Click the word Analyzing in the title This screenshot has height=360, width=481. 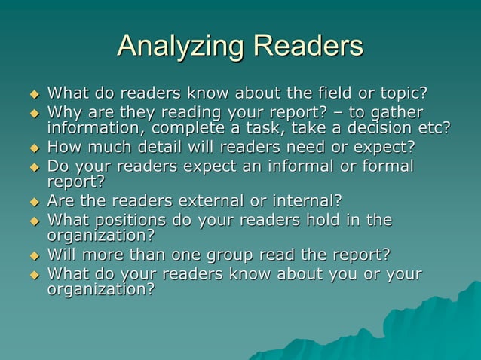coord(180,47)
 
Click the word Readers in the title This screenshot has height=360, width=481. coord(308,47)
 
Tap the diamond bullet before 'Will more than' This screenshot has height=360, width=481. coord(32,256)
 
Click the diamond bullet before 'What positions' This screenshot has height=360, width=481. coord(32,221)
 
